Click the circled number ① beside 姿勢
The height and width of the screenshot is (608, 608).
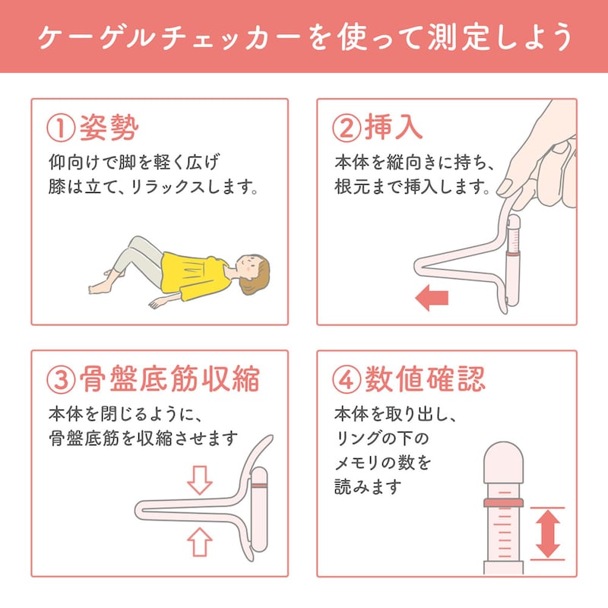pos(61,128)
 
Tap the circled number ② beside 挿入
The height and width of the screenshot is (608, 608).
pos(347,128)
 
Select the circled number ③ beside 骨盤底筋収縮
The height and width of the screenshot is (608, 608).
pos(61,380)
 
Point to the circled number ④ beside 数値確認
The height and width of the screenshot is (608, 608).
pos(347,380)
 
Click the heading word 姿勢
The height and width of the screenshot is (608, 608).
pos(109,128)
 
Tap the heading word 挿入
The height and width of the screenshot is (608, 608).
pos(393,127)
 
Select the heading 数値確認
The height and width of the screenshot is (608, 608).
pos(425,379)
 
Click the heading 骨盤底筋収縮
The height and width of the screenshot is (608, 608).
pos(169,379)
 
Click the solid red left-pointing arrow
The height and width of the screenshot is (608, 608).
pos(432,298)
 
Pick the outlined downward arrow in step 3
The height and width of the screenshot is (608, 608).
pos(200,480)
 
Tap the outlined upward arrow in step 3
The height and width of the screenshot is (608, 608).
pos(200,542)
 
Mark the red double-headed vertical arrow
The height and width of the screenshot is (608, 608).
pos(547,534)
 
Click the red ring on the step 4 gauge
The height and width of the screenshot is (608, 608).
pos(504,503)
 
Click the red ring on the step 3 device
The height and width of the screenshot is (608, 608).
pos(259,486)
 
